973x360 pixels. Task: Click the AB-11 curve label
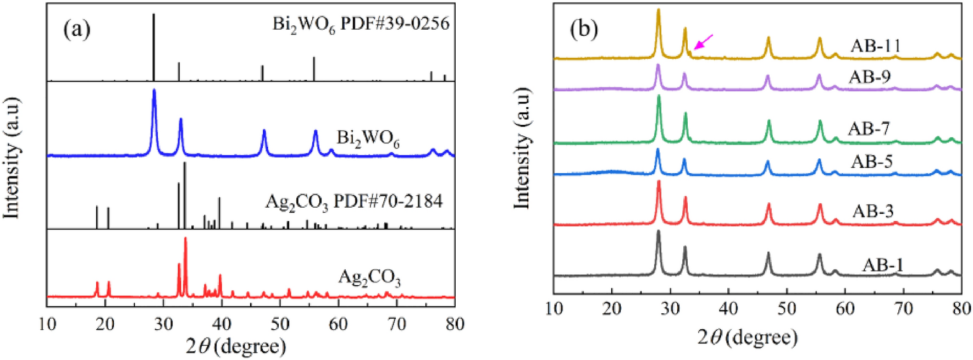coord(875,46)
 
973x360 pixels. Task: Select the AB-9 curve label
coord(870,76)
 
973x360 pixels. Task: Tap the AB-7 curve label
coord(869,129)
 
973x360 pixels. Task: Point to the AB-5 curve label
coord(871,162)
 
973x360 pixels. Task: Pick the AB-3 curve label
coord(873,211)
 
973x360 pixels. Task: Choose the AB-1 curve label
coord(882,265)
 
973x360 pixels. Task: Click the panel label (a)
coord(77,29)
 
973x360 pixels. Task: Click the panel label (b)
coord(583,29)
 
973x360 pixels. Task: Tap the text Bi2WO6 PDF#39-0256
coord(361,24)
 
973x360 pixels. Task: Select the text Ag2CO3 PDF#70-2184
coord(353,202)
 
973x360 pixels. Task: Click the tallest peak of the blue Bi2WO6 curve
coord(154,91)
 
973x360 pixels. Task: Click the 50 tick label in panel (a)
coord(280,324)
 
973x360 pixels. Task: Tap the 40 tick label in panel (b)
coord(728,308)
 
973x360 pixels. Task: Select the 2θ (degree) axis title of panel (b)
coord(747,336)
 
